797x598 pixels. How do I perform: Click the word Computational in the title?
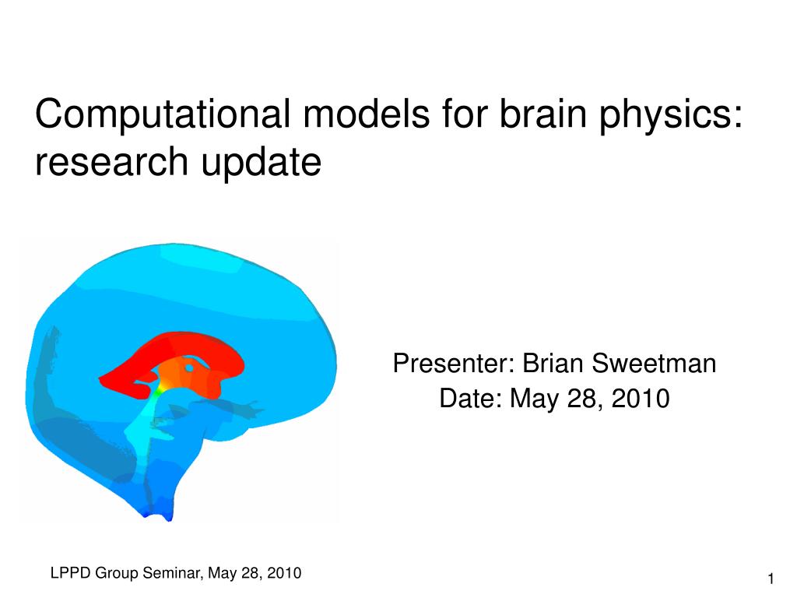point(163,114)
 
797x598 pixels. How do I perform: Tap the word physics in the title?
point(666,115)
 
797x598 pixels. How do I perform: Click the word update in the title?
point(262,164)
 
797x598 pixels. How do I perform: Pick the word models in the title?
point(367,113)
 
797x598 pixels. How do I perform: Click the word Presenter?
point(451,364)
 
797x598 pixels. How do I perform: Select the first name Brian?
point(553,364)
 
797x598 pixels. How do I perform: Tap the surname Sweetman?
point(654,364)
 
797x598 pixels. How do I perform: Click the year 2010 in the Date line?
point(641,398)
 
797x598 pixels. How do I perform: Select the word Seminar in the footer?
point(170,573)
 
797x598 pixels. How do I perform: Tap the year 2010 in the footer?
point(284,573)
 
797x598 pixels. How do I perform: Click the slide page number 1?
point(771,579)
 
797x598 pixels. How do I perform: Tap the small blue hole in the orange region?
point(189,368)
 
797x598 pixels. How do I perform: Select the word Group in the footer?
point(117,574)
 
